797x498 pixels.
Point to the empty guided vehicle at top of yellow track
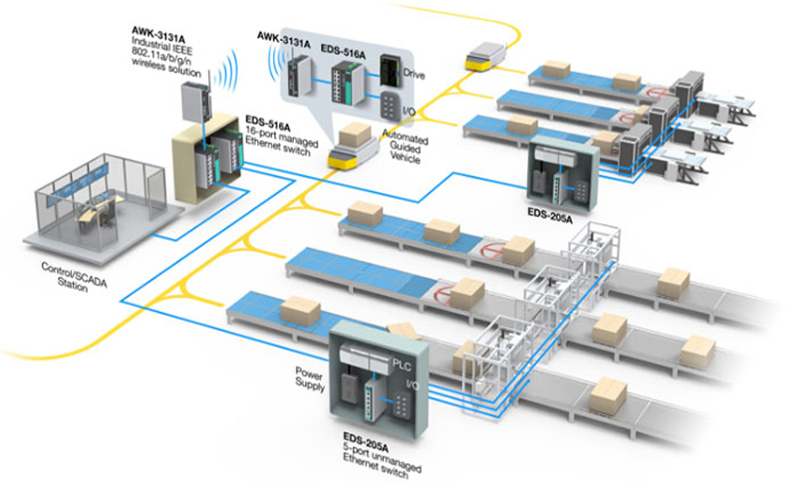coord(484,56)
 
